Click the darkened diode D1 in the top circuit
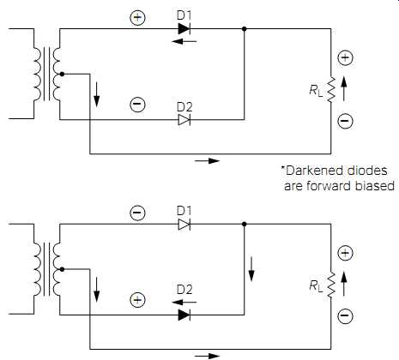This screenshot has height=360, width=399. (184, 28)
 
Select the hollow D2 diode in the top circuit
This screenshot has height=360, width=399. (184, 119)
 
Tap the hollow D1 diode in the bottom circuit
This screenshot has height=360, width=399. (184, 225)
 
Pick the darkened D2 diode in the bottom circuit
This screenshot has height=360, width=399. (184, 315)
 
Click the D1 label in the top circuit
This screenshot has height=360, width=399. (184, 15)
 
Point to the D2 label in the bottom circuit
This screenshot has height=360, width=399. (184, 290)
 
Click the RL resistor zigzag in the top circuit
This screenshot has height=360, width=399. (331, 89)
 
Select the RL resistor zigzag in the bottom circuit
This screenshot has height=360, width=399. (331, 285)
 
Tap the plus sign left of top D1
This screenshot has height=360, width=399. (137, 17)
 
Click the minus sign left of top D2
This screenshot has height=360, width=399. (137, 104)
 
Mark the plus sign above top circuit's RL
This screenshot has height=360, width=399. (345, 57)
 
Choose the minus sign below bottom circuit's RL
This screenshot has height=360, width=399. (345, 315)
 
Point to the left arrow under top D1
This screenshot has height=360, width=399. (184, 41)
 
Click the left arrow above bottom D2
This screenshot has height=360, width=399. (184, 302)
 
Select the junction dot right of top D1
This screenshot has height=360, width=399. (244, 29)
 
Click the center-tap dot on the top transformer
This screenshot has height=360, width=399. (62, 74)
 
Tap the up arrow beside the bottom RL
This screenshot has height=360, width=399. (344, 284)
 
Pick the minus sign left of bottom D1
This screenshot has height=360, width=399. (137, 213)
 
